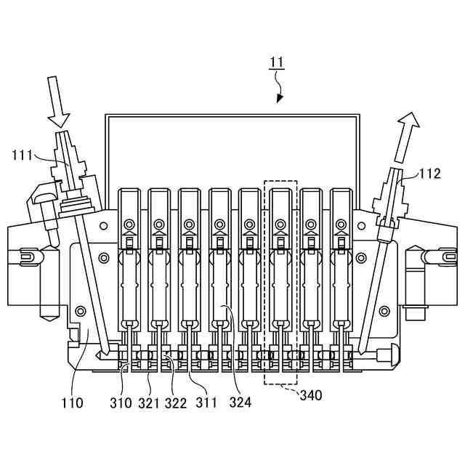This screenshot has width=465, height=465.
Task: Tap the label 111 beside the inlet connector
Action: click(x=23, y=154)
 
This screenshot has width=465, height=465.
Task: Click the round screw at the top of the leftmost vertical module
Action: click(x=129, y=224)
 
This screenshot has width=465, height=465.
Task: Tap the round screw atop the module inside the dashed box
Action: click(x=280, y=224)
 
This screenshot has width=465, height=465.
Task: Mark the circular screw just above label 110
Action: click(x=80, y=311)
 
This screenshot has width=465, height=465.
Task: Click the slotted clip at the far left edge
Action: click(x=27, y=255)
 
